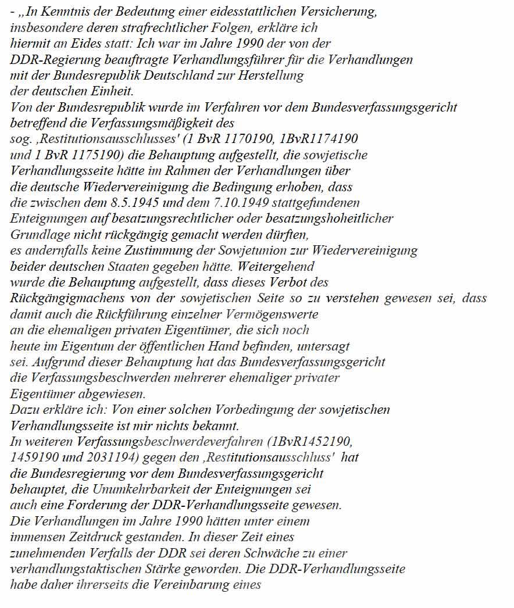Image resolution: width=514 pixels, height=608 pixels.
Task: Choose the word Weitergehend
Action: pos(280,267)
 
